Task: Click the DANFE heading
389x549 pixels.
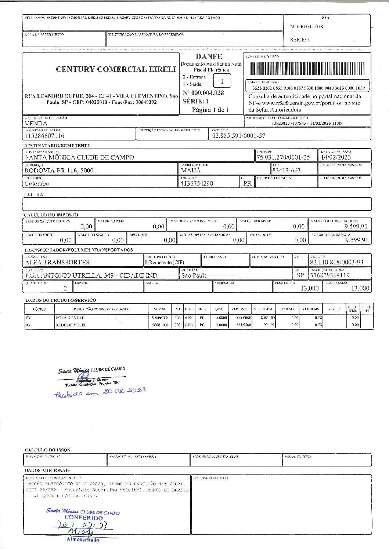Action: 209,56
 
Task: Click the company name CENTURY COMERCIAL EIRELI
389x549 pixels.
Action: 116,69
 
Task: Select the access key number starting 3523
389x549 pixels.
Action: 308,88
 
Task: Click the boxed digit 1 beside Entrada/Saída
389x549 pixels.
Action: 222,81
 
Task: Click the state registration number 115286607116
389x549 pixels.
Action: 44,136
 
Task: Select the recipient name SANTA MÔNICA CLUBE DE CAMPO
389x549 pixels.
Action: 79,157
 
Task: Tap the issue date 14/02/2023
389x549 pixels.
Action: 336,157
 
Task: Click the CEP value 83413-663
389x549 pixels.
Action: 287,170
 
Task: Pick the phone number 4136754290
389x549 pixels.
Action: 197,183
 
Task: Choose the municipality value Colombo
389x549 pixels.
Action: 37,183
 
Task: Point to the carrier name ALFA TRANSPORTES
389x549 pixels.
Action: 57,262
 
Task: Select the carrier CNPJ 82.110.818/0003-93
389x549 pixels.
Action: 336,262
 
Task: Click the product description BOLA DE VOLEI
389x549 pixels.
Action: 71,318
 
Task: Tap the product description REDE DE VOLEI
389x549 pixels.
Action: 71,325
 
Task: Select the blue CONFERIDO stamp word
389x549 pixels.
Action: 83,518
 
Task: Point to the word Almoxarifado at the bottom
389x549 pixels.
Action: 83,539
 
